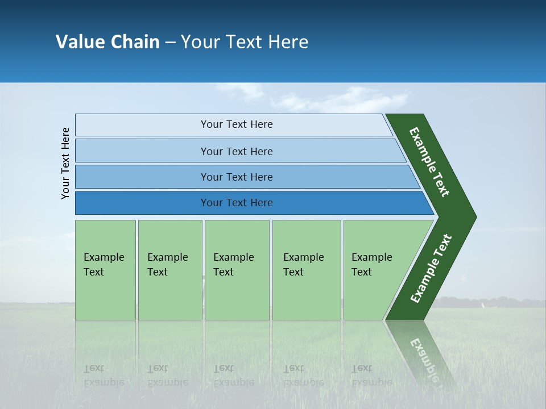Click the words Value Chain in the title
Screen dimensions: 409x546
click(x=107, y=42)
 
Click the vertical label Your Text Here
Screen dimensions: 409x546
click(x=65, y=163)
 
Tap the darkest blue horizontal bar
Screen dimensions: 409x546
click(x=142, y=203)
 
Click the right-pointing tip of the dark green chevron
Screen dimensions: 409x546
click(x=470, y=217)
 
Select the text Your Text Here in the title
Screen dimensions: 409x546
click(x=245, y=42)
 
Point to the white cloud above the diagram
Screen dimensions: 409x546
click(x=341, y=99)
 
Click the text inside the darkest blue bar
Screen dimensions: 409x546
click(x=237, y=203)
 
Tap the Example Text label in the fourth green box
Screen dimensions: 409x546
click(x=303, y=265)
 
